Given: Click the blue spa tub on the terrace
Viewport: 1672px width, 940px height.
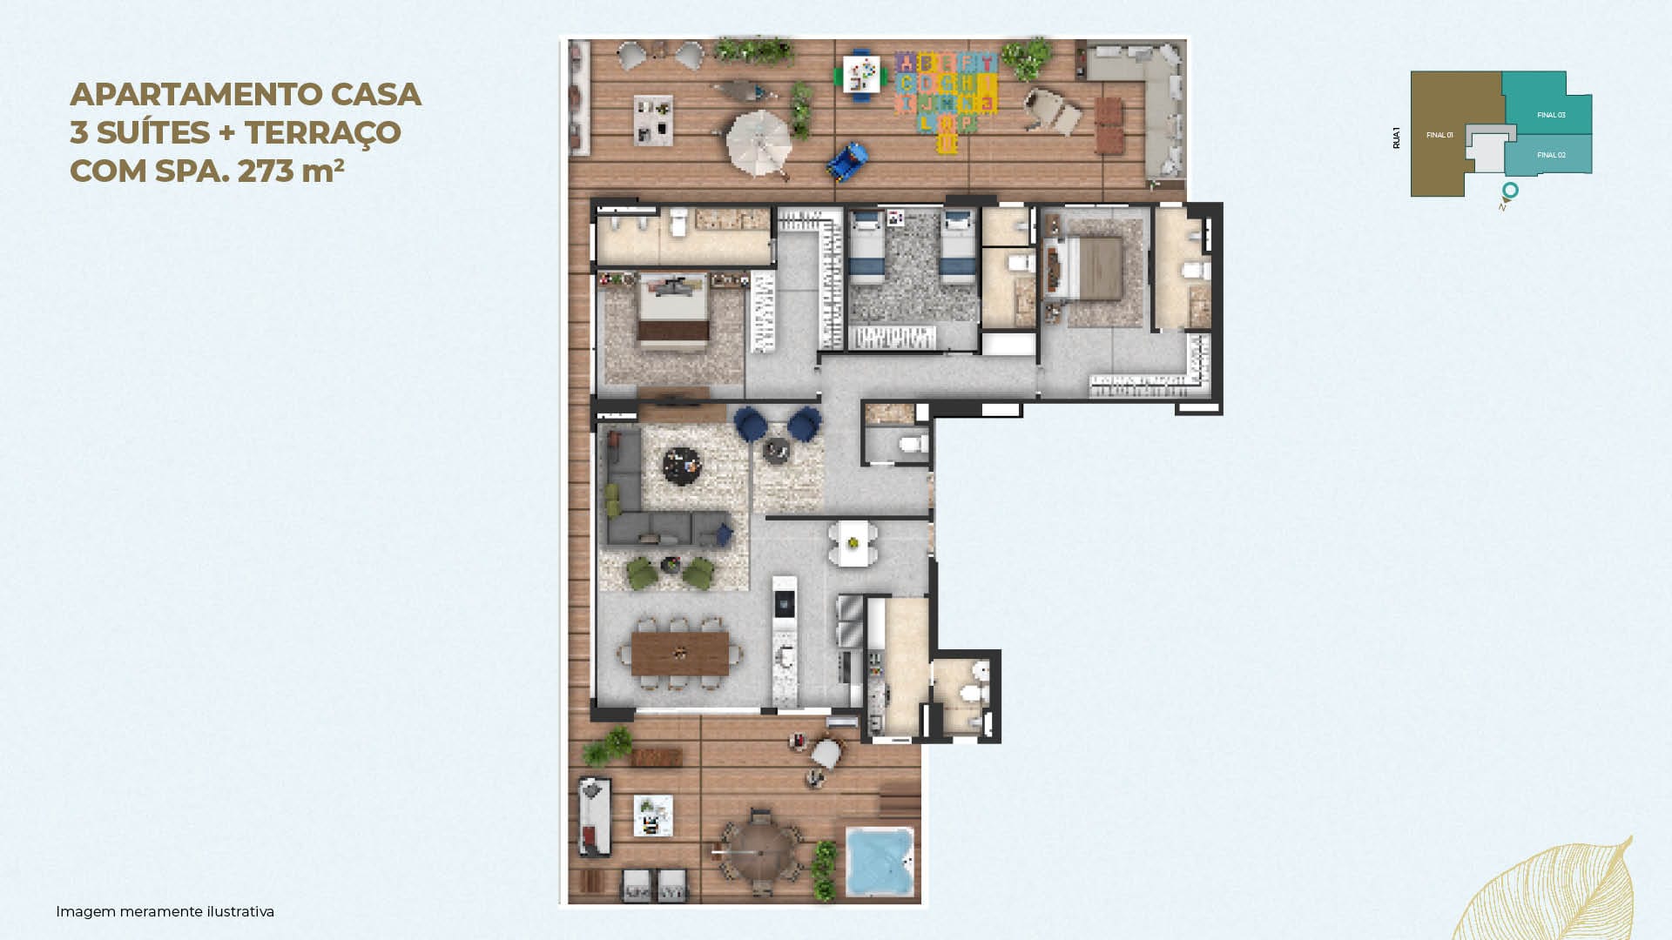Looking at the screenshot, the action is [880, 862].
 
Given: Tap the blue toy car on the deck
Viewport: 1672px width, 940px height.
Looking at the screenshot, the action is [848, 162].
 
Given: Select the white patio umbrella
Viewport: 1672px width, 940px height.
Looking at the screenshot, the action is [758, 143].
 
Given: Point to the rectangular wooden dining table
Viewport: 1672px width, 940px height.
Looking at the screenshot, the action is [680, 654].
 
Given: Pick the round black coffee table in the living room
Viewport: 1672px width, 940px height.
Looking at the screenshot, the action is [682, 465].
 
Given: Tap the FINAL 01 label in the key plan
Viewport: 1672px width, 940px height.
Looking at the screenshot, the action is [1439, 135].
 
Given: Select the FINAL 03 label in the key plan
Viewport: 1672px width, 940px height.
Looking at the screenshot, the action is [1551, 115].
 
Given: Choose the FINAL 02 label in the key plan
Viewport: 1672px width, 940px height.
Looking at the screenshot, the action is [1551, 155].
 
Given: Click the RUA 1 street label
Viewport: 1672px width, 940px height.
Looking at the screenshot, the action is [1396, 138].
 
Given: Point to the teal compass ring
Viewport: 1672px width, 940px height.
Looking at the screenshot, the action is [1510, 190].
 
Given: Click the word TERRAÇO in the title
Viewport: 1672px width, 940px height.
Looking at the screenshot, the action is [322, 132].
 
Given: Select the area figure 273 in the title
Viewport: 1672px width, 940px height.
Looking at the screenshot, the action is [266, 171].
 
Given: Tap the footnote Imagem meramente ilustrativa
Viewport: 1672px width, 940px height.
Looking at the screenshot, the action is [165, 911].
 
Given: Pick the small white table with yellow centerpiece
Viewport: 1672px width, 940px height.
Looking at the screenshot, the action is [853, 543].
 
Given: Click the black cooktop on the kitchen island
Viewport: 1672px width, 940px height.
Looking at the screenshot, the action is [785, 601].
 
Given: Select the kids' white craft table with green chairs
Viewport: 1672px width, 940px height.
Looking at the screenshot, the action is [861, 75].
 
